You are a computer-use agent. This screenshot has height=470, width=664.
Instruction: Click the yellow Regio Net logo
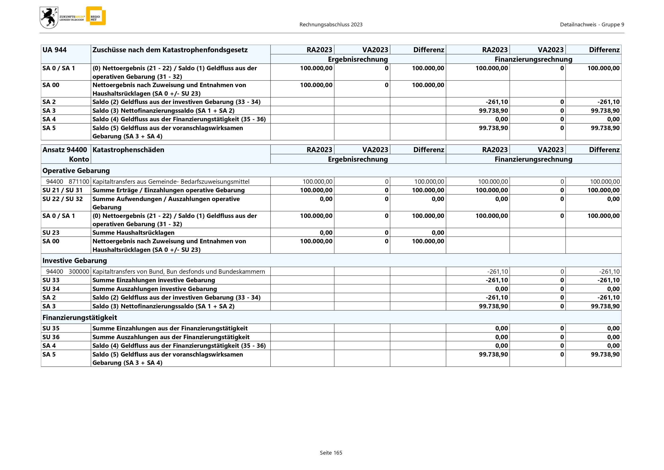coord(96,16)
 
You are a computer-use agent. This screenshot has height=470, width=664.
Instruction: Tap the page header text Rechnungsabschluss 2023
coord(331,25)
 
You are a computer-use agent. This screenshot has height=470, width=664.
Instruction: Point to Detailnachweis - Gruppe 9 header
coord(592,25)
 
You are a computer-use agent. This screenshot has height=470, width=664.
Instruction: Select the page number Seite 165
coord(331,453)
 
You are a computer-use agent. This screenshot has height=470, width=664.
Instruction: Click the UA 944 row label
coord(55,50)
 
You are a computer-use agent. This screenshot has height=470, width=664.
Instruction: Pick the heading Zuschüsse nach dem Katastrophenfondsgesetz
coord(170,50)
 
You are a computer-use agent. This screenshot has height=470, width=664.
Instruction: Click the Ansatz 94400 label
coord(65,150)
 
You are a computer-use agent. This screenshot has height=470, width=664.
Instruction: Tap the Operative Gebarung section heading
coord(76,170)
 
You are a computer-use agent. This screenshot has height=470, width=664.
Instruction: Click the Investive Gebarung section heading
coord(75,260)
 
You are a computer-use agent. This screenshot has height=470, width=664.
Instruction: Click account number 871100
coord(79,182)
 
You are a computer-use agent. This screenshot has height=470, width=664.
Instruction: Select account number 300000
coord(79,272)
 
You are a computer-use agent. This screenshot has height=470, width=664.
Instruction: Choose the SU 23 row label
coord(51,233)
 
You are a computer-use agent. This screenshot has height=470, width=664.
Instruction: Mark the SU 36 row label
coord(51,337)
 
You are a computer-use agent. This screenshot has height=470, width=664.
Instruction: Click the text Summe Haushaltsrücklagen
coord(133,233)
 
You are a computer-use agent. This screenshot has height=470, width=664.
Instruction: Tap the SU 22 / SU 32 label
coord(62,199)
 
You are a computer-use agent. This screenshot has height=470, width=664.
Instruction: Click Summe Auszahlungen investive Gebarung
coord(154,289)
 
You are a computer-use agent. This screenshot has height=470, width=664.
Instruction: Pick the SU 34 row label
coord(51,289)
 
